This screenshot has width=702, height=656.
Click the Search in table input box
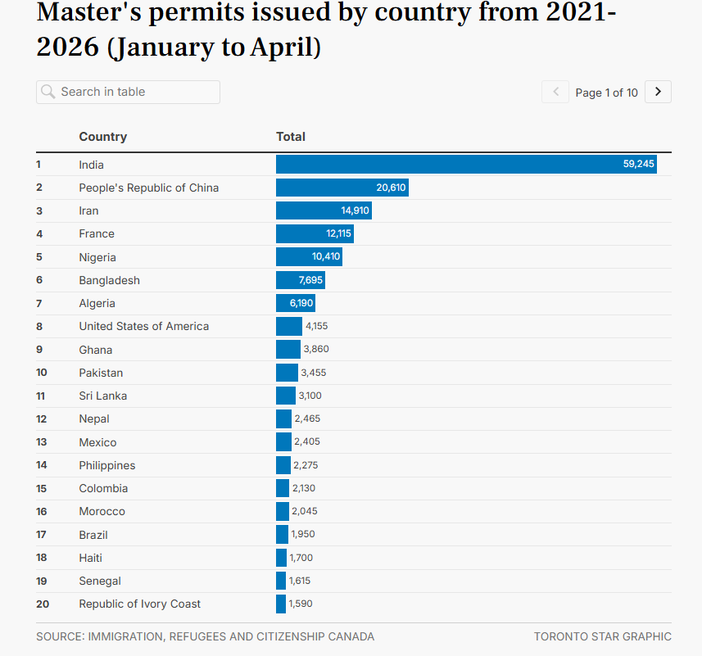[x=128, y=93]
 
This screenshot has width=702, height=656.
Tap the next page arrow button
[x=658, y=92]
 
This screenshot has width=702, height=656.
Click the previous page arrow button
[x=555, y=92]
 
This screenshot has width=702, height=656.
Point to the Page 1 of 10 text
[x=606, y=93]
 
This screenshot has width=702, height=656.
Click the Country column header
[x=103, y=137]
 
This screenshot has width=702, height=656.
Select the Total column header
[x=291, y=137]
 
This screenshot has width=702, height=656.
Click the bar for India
[x=466, y=165]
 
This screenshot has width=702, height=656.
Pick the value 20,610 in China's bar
[x=391, y=188]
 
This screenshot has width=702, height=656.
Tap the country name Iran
[x=88, y=210]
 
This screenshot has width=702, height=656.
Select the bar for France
[x=315, y=233]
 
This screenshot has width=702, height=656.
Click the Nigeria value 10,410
[x=326, y=256]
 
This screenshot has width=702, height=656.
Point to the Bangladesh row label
[x=109, y=280]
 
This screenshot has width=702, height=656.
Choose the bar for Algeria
[x=296, y=303]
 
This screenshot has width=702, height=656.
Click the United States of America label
[x=143, y=326]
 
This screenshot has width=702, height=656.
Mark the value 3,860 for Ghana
[x=316, y=349]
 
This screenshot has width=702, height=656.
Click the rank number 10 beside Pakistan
[x=42, y=373]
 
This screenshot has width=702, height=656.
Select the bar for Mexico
[x=284, y=441]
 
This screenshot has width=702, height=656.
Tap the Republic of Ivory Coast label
[x=140, y=604]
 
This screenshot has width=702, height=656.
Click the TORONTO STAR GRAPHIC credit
[x=603, y=636]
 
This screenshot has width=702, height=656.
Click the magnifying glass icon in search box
[x=48, y=92]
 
